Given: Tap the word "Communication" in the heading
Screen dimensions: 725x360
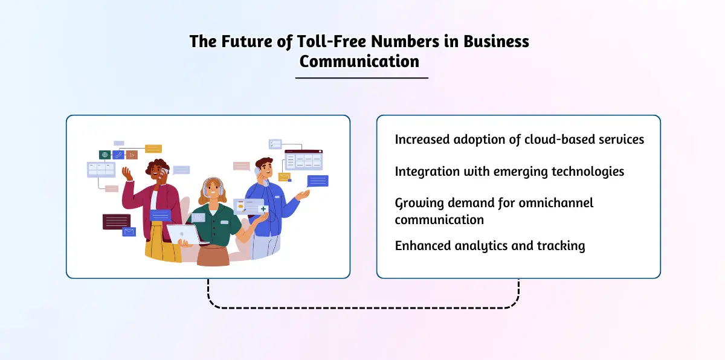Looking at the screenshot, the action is (359, 62).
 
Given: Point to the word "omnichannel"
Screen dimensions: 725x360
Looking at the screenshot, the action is (556, 203).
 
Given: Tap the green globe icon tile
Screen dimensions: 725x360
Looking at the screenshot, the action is (105, 155).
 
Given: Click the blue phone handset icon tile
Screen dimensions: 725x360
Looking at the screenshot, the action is (118, 155).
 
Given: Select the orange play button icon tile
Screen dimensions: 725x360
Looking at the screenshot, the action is (132, 155).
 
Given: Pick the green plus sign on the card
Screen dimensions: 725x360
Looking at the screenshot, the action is (263, 209).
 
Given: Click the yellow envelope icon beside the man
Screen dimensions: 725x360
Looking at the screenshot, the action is (284, 177).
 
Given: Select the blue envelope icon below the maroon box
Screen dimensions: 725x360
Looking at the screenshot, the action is (129, 232).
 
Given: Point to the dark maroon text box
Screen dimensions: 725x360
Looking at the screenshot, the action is (117, 222).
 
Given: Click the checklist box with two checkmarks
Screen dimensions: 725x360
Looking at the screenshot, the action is (275, 144).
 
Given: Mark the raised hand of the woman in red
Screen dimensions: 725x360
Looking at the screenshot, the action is (127, 174).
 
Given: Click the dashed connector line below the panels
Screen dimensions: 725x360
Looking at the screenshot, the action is (363, 307).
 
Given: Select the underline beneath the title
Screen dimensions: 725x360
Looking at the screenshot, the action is (362, 78).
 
